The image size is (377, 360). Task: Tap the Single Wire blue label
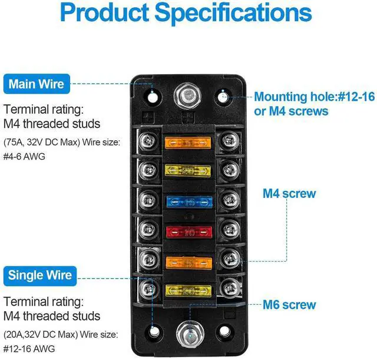click(x=41, y=275)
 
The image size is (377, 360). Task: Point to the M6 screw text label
click(x=289, y=305)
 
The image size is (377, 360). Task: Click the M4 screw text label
click(x=289, y=193)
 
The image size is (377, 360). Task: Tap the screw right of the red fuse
click(x=229, y=232)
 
